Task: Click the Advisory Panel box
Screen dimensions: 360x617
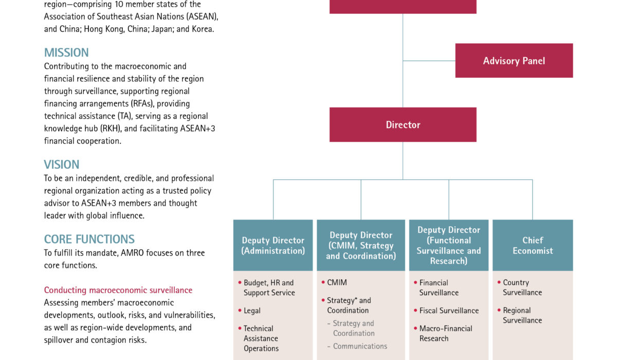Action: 514,61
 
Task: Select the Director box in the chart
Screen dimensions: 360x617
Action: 403,124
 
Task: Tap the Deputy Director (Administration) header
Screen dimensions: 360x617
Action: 273,245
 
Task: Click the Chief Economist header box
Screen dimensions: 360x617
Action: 533,245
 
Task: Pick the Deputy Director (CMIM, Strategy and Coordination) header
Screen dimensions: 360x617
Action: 361,245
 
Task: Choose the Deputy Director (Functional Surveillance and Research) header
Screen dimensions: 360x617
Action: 449,245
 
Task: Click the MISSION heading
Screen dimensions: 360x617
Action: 66,52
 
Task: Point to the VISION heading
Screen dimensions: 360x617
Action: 62,165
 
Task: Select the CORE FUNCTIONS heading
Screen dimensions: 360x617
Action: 89,239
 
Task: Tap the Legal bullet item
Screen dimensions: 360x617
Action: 252,311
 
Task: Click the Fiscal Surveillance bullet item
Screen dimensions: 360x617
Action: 449,311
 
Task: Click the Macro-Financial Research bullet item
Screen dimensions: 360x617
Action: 445,333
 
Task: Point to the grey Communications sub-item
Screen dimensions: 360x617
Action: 360,346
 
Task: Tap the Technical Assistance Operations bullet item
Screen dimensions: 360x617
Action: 261,338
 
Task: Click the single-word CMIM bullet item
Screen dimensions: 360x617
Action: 337,282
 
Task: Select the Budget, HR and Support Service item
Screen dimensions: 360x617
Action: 269,287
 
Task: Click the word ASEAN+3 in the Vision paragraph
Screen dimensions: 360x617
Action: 97,203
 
